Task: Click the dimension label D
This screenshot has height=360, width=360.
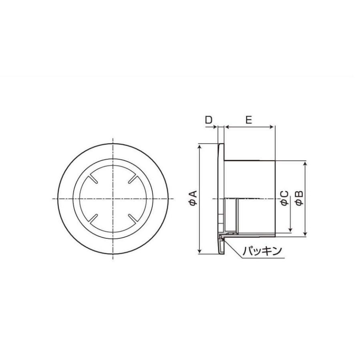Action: [x=208, y=120]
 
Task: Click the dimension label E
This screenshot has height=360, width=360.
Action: [x=249, y=120]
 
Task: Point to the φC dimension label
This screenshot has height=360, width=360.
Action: [x=284, y=198]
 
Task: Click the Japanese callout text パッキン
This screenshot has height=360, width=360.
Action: [x=262, y=251]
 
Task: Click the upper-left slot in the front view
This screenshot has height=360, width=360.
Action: [x=93, y=179]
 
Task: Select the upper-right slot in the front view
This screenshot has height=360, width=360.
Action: [x=133, y=179]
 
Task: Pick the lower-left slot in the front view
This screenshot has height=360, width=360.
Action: [x=93, y=218]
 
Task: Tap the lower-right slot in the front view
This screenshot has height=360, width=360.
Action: [x=133, y=218]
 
